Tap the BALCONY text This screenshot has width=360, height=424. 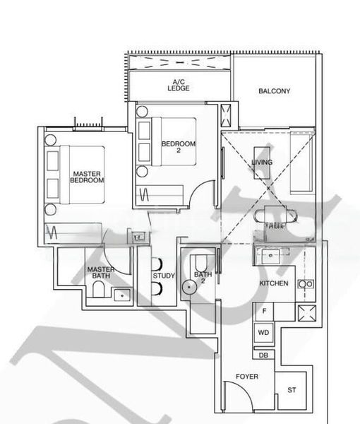[x=274, y=91]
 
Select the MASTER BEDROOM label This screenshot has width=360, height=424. [x=87, y=177]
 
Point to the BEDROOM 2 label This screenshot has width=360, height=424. [x=178, y=147]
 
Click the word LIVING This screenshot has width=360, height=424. [x=262, y=163]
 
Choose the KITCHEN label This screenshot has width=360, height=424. [x=274, y=283]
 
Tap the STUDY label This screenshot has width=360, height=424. [x=163, y=276]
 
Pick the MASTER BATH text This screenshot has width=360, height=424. [x=101, y=273]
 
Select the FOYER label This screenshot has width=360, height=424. [x=247, y=377]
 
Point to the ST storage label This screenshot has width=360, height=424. [x=292, y=390]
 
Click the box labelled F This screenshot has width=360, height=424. [x=264, y=311]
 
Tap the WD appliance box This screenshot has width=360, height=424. [x=264, y=332]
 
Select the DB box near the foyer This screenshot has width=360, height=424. [x=263, y=355]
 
